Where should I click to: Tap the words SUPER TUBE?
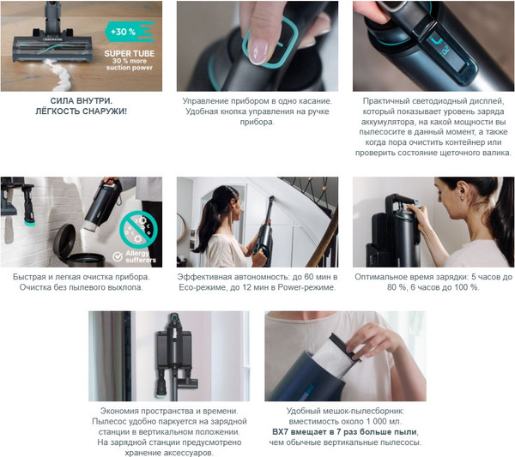[130, 53]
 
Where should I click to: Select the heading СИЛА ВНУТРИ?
[82, 101]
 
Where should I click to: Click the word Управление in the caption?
[202, 101]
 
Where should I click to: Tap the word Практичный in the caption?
[383, 101]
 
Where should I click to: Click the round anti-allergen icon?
[138, 229]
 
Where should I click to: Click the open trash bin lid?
[64, 240]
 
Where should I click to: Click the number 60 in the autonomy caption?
[309, 277]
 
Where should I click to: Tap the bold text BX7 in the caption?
[280, 432]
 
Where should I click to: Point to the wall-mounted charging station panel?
[173, 349]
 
